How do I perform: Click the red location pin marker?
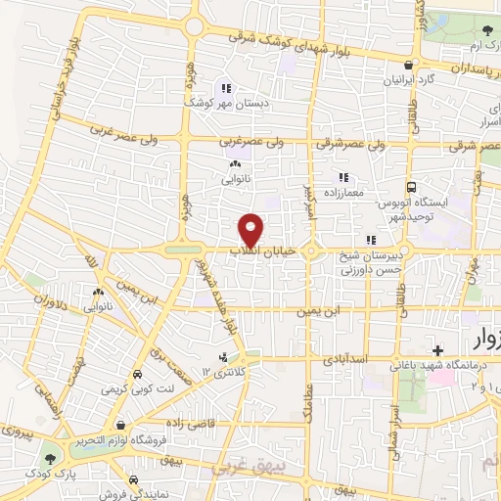click(x=251, y=229)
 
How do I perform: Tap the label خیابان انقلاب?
click(x=255, y=251)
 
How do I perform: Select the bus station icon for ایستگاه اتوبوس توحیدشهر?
click(x=412, y=186)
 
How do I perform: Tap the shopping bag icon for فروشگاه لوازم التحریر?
click(x=120, y=426)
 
